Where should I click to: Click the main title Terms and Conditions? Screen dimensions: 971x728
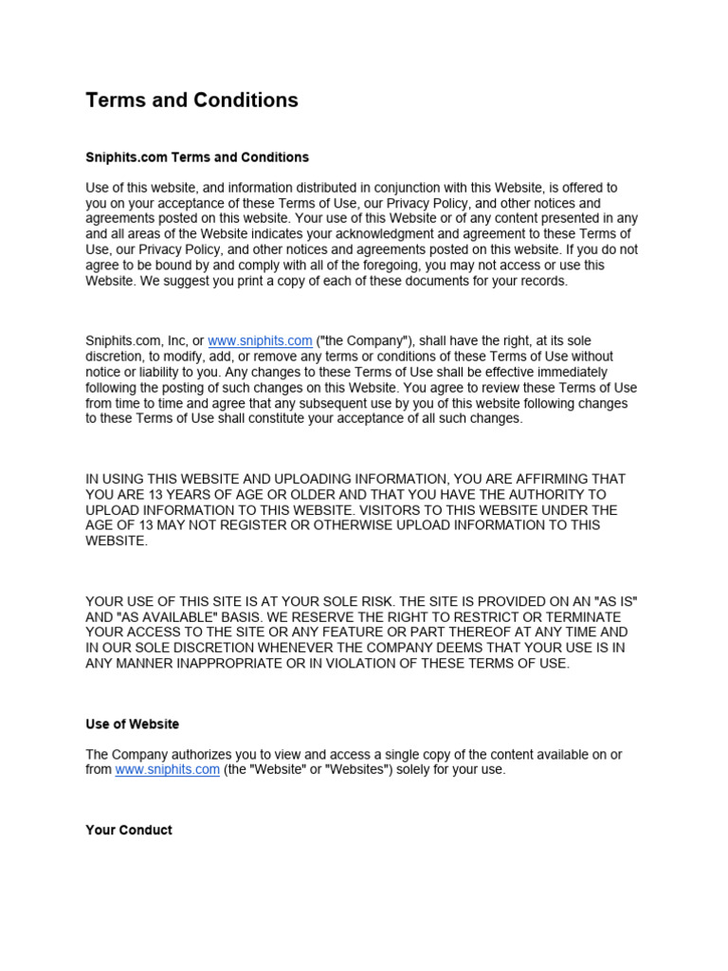coord(191,101)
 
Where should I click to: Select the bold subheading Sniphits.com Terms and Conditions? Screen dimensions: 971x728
coord(197,157)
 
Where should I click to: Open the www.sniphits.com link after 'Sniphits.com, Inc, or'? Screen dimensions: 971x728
coord(260,340)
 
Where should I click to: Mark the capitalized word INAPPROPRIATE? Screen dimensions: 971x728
coord(219,664)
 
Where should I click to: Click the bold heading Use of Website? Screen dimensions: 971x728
coord(132,724)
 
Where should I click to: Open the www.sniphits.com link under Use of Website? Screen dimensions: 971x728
coord(167,770)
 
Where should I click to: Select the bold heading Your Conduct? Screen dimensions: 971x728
coord(129,831)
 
